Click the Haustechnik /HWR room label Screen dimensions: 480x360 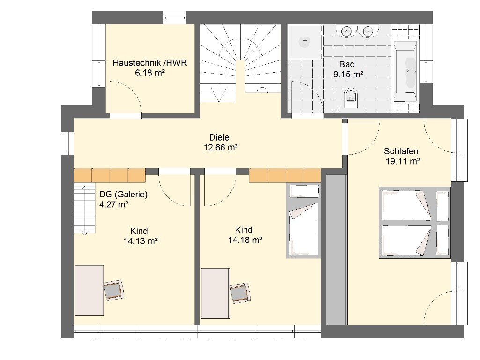point(150,63)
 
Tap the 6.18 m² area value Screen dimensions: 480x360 point(150,73)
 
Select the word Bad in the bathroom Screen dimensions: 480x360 point(347,64)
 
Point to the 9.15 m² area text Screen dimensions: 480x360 point(348,75)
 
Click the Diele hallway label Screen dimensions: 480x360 point(219,137)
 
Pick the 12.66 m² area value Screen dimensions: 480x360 point(221,147)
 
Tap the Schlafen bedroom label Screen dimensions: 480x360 point(401,151)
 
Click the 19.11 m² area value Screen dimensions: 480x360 point(403,161)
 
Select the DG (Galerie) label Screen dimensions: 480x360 point(123,194)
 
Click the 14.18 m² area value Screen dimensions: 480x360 point(245,240)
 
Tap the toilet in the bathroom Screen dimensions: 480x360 point(351,97)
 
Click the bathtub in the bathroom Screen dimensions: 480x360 point(405,71)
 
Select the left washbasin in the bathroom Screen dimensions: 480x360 point(347,30)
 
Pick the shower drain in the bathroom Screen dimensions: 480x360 point(305,42)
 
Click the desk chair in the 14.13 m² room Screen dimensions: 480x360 point(114,290)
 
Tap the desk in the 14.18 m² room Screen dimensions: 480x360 point(215,293)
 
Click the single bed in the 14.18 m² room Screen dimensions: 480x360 point(303,221)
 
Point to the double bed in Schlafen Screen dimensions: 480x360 point(415,223)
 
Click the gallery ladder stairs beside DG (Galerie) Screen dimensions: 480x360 point(85,209)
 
